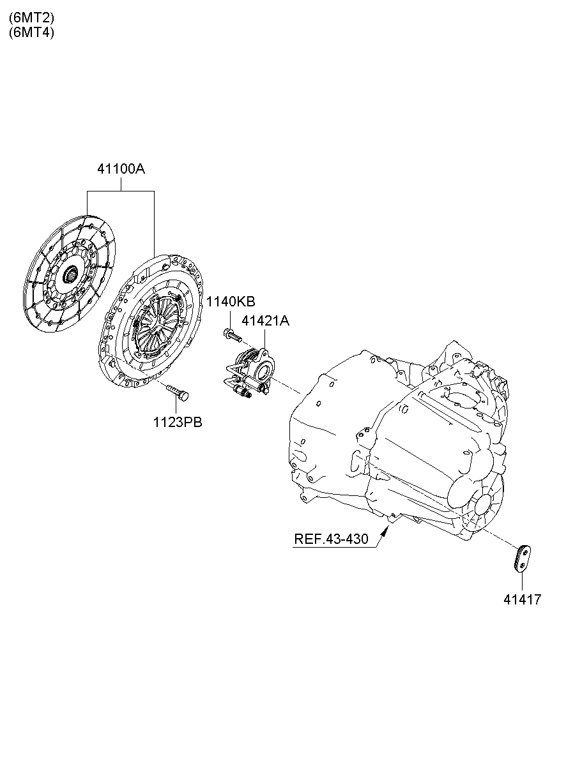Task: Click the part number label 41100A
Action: click(121, 170)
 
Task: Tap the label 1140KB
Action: click(230, 301)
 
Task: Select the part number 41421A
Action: click(265, 321)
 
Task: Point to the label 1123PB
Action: click(177, 422)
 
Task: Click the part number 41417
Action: click(522, 599)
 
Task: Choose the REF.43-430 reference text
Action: click(331, 539)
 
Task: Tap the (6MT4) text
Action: click(31, 33)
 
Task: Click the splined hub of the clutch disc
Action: click(70, 275)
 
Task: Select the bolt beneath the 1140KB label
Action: click(231, 333)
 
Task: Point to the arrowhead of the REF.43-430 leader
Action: click(386, 525)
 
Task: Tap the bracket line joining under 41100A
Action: click(121, 191)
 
